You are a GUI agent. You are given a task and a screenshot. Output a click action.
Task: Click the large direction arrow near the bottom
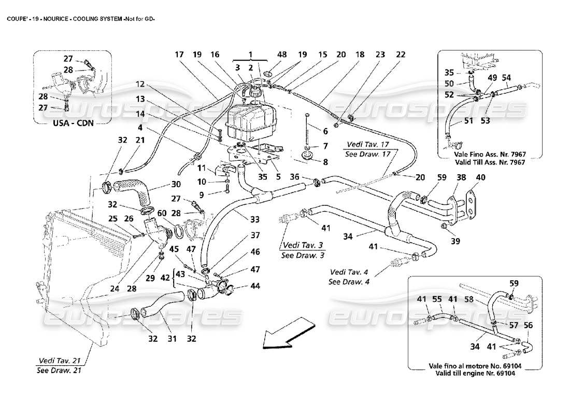click(x=288, y=335)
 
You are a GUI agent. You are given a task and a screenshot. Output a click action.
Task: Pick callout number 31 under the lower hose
click(x=172, y=339)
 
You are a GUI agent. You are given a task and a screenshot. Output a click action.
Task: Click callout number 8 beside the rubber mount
click(x=325, y=162)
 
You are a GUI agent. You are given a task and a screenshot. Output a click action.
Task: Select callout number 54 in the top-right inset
click(x=506, y=78)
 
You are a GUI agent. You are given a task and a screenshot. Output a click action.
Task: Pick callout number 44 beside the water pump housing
click(x=255, y=286)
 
